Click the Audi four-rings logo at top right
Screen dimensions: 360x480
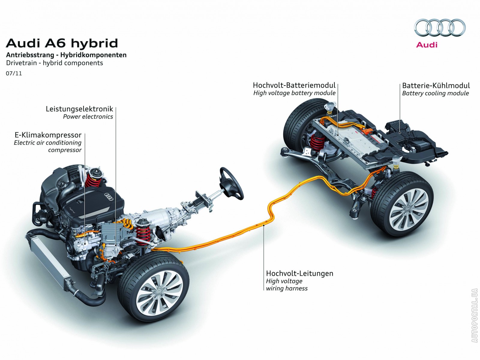point(440,28)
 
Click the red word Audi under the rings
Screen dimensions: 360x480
point(427,45)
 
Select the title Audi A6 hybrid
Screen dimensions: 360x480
point(62,43)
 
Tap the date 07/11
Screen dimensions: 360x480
point(14,73)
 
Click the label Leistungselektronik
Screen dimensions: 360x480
point(79,109)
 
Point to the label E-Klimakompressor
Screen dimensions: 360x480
point(48,135)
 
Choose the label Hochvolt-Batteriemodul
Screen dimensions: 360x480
point(294,85)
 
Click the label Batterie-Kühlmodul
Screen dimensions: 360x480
point(436,85)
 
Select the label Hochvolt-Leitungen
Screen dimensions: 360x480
point(299,273)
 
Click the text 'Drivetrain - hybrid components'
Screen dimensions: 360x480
point(55,63)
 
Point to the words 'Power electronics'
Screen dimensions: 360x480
point(88,117)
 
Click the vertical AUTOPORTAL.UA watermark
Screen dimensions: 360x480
point(474,315)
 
